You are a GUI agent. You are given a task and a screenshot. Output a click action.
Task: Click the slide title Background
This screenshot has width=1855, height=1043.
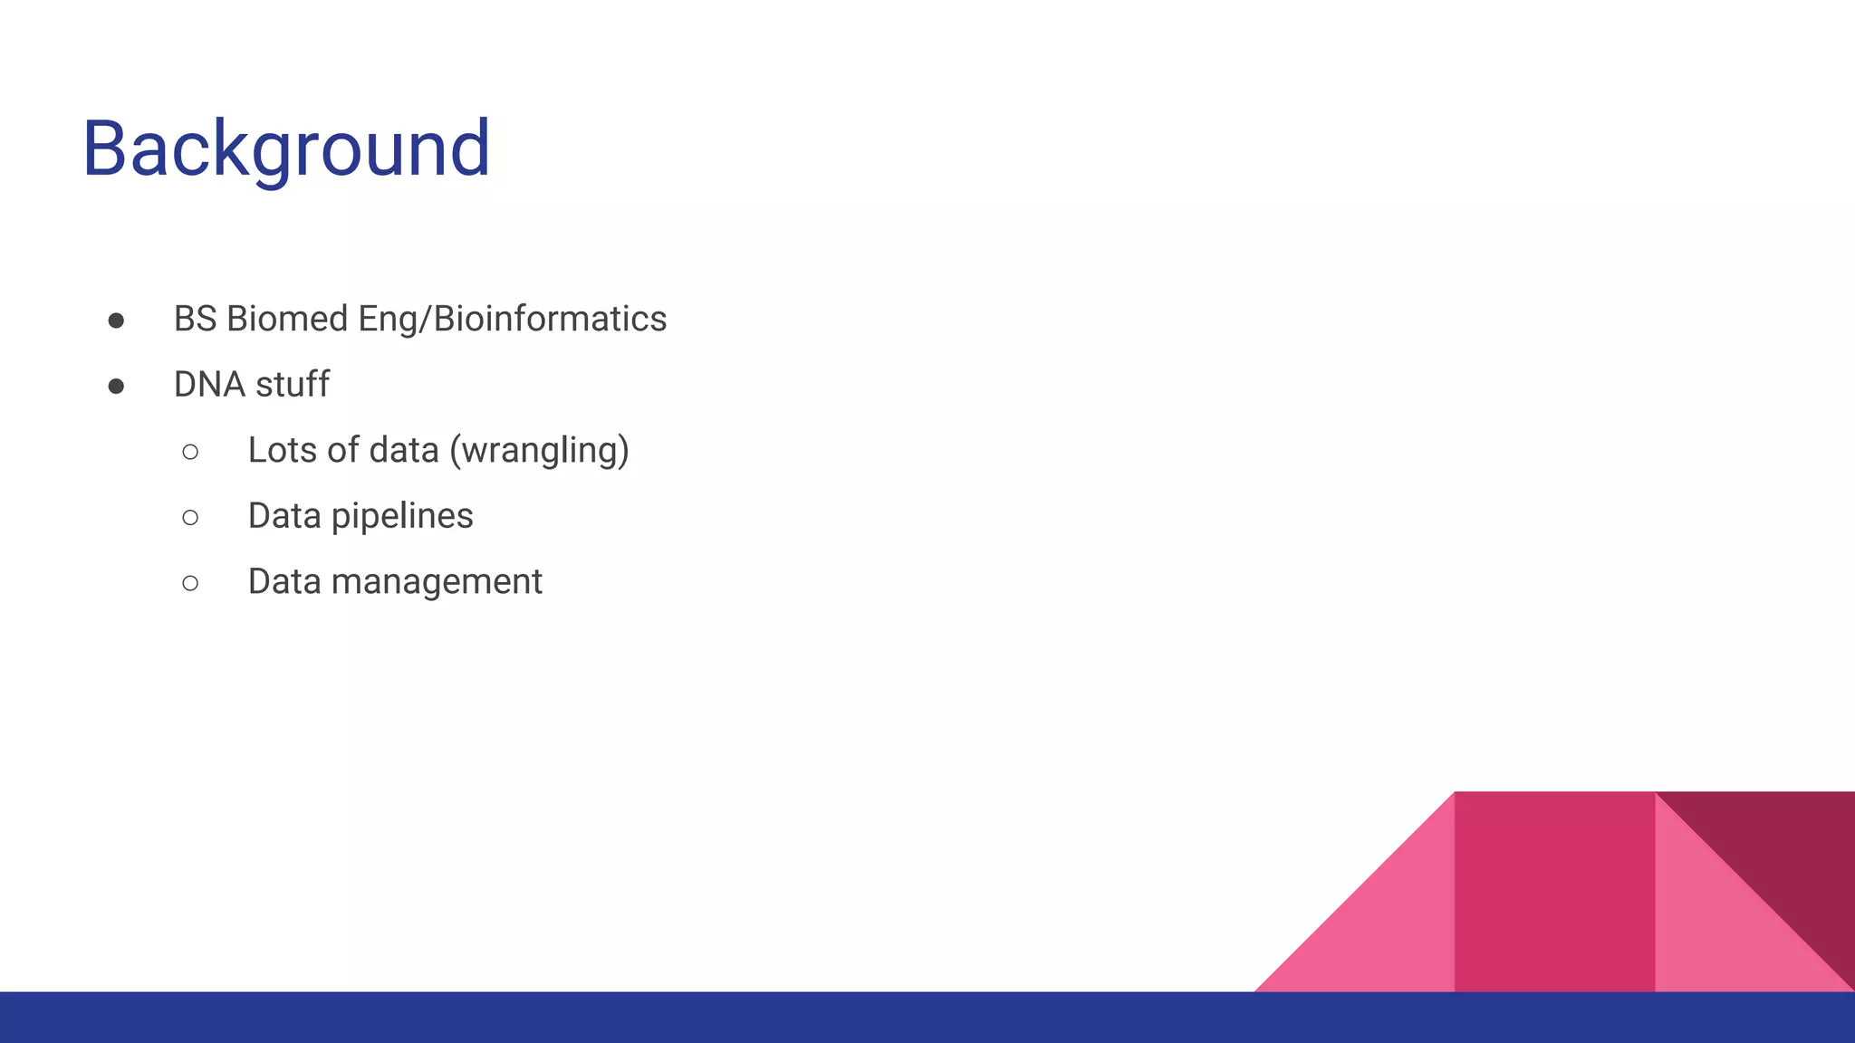[x=286, y=148]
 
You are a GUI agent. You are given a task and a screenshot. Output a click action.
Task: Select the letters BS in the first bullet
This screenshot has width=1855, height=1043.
[x=195, y=319]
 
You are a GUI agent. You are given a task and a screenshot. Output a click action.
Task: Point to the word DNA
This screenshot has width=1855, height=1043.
[x=209, y=385]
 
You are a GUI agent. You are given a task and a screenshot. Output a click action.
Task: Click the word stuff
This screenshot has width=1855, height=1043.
[x=292, y=385]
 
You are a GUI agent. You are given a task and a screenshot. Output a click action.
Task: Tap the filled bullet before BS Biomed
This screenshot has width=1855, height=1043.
[x=116, y=321]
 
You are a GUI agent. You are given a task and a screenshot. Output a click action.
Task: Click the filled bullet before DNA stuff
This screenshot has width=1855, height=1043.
[x=116, y=387]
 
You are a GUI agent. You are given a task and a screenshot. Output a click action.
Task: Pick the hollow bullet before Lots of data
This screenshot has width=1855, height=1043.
[x=190, y=452]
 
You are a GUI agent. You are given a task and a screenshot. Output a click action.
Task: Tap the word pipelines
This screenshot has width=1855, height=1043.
[x=402, y=516]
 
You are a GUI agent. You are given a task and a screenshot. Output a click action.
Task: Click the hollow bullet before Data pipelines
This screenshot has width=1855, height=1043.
[x=190, y=517]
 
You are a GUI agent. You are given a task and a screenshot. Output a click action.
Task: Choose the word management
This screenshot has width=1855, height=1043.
[x=437, y=581]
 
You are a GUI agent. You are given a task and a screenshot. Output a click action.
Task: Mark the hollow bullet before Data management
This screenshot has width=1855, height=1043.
[x=190, y=583]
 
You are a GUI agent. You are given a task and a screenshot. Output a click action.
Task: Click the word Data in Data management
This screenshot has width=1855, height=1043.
[x=284, y=581]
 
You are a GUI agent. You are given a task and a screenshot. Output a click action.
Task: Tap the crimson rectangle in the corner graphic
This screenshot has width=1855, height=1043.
[x=1554, y=892]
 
